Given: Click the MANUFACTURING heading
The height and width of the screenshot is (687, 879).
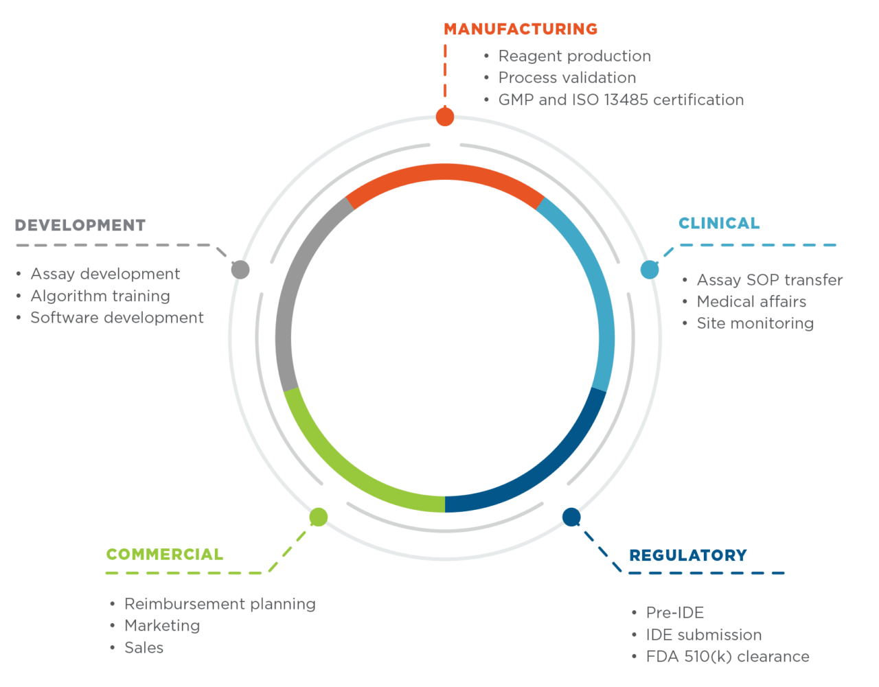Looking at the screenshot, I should [520, 29].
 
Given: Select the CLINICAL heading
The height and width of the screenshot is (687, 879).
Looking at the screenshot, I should [719, 223].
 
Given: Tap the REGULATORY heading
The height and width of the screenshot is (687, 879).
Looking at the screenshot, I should [687, 555].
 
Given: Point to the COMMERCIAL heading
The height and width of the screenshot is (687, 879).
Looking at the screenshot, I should [164, 554].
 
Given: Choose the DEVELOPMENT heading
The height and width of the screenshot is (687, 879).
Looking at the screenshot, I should [80, 225].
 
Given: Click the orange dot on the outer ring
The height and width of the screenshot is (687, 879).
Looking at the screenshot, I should [445, 117].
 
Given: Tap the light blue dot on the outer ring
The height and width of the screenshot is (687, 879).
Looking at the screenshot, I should [649, 269].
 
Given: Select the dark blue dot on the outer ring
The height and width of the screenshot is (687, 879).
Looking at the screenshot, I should [571, 517].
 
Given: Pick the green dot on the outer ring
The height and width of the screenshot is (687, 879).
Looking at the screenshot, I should [318, 517].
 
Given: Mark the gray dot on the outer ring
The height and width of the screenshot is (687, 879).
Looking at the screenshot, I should [240, 269].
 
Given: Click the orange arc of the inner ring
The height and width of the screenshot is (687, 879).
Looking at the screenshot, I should [445, 172].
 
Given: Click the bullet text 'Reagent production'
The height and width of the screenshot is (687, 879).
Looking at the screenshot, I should [574, 56].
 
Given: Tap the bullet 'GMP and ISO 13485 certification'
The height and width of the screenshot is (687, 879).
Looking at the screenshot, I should [621, 100].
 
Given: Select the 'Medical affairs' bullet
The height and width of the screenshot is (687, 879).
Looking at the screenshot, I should [751, 302].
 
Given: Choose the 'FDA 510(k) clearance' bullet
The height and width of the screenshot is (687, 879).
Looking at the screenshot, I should [727, 657].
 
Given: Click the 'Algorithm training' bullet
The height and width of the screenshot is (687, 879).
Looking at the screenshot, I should [100, 296].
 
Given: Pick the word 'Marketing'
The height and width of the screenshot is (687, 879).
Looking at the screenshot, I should [162, 626].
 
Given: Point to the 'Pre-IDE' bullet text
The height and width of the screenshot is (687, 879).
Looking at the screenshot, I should [675, 613].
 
